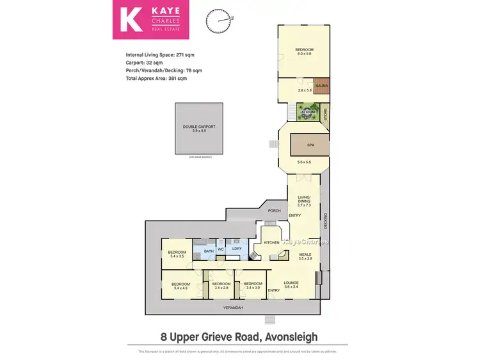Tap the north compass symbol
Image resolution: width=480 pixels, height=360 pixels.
(x=217, y=21)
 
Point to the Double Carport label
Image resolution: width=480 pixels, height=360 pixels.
(x=199, y=127)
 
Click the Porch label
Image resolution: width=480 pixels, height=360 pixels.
(x=274, y=210)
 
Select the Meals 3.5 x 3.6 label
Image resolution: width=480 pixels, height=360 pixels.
(x=305, y=256)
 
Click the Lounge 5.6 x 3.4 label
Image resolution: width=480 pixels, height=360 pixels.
(x=291, y=285)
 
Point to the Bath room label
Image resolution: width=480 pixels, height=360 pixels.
(x=209, y=251)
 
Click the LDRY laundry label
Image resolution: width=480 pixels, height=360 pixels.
(x=236, y=249)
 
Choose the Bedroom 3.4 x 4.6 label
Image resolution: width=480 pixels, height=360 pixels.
(x=181, y=286)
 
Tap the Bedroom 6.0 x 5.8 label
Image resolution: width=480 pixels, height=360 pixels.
(x=304, y=52)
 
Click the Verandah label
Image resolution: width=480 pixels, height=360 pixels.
(x=233, y=308)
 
